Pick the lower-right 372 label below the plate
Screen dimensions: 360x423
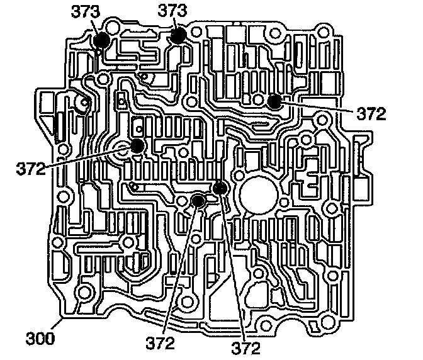click(x=247, y=346)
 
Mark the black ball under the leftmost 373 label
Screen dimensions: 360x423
click(x=101, y=40)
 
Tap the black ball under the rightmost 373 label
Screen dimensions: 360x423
click(x=178, y=36)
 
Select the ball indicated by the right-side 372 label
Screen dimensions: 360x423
click(x=274, y=101)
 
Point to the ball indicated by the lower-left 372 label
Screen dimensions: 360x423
click(x=198, y=201)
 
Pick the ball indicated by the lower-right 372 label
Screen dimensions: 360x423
click(x=220, y=188)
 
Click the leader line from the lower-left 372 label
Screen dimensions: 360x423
click(x=180, y=271)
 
